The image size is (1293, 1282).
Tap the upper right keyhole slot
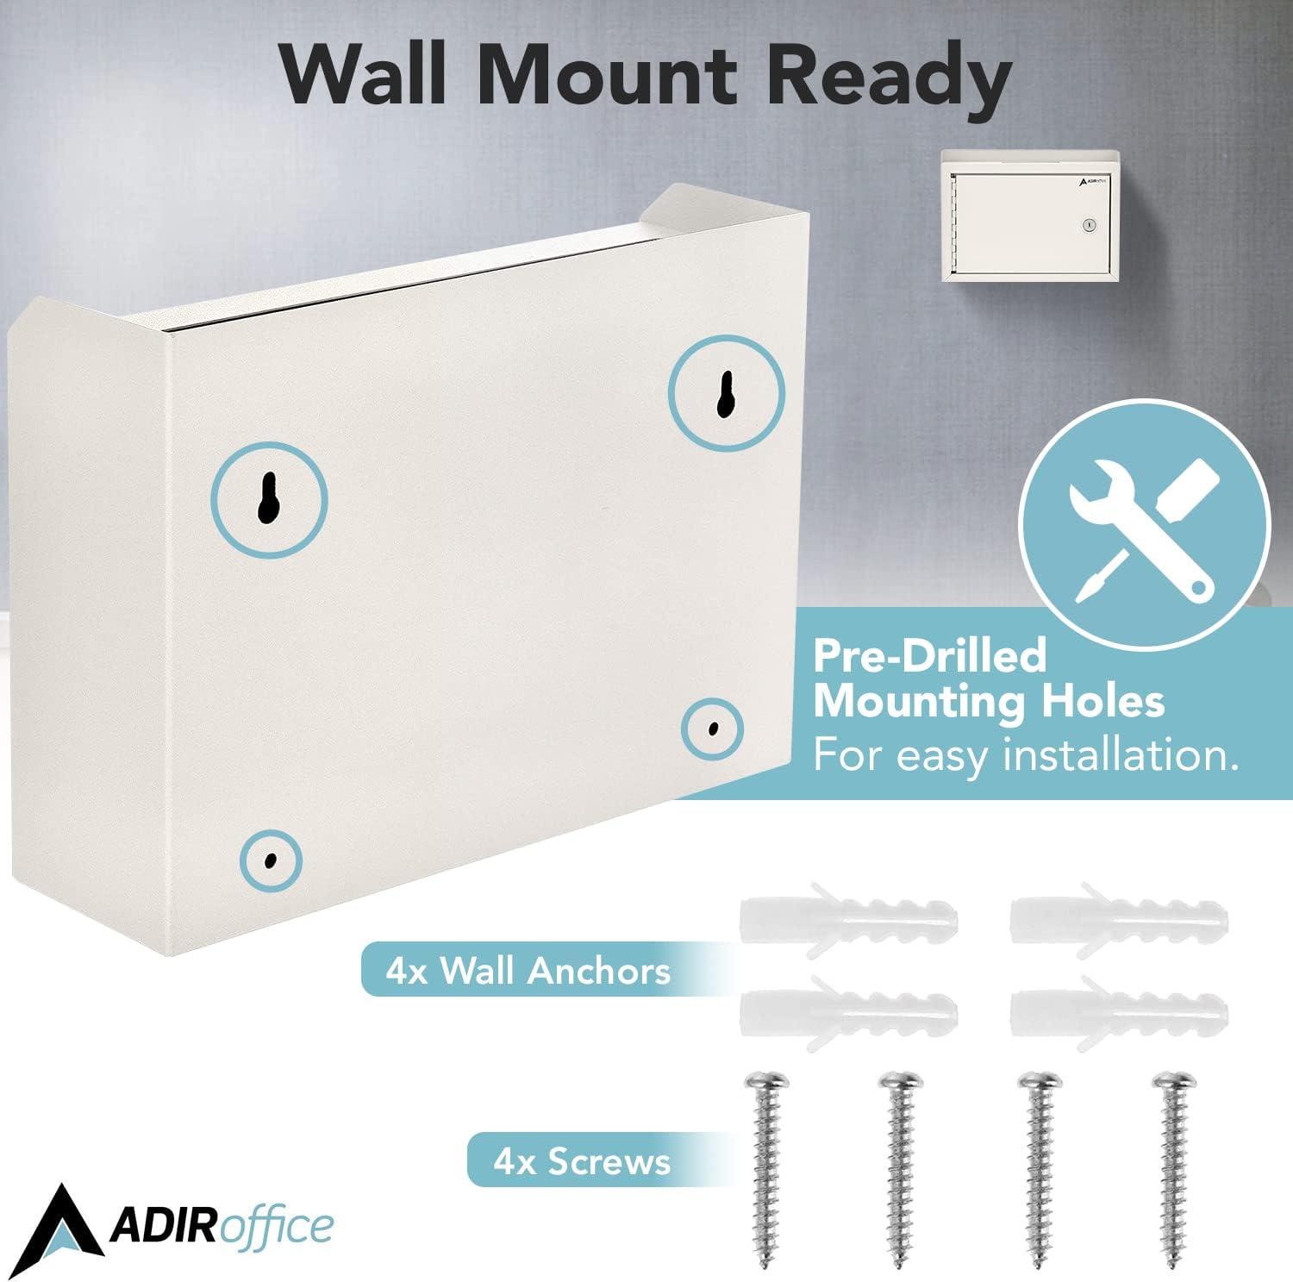726,393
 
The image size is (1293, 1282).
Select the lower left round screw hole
271,860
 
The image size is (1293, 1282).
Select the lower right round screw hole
712,729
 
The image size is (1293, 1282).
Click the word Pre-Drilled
929,657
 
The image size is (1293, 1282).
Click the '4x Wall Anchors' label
528,972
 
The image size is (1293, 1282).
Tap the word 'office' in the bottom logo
278,1227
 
